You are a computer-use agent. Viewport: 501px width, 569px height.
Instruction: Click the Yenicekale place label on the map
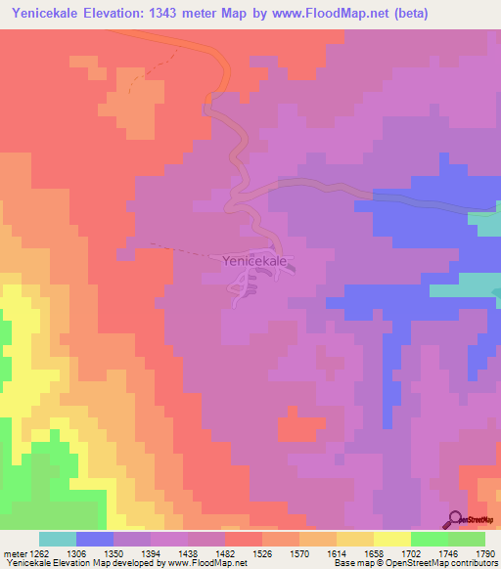[x=254, y=262]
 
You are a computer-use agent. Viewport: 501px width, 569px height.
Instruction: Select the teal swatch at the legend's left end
[x=58, y=539]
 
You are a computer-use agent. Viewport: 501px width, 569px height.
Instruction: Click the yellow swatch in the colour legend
[x=391, y=539]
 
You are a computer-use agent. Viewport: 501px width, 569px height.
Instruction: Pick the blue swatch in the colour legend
[x=95, y=539]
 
